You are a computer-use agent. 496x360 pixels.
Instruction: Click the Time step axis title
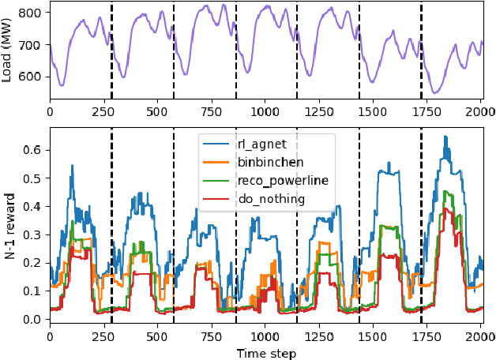click(x=266, y=353)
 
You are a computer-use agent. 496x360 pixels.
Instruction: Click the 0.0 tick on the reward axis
click(x=34, y=319)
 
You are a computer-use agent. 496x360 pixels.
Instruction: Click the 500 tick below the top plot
click(x=157, y=111)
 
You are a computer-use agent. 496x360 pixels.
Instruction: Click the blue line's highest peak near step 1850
click(x=446, y=137)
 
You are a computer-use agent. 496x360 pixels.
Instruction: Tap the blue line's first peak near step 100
click(x=72, y=165)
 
